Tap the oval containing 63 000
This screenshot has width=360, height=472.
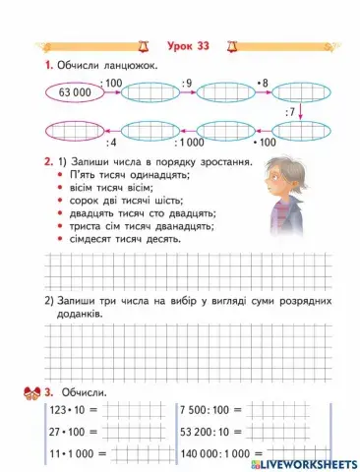pos(75,92)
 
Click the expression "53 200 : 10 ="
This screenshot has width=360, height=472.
pos(215,430)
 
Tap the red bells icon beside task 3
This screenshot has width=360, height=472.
pos(29,392)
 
